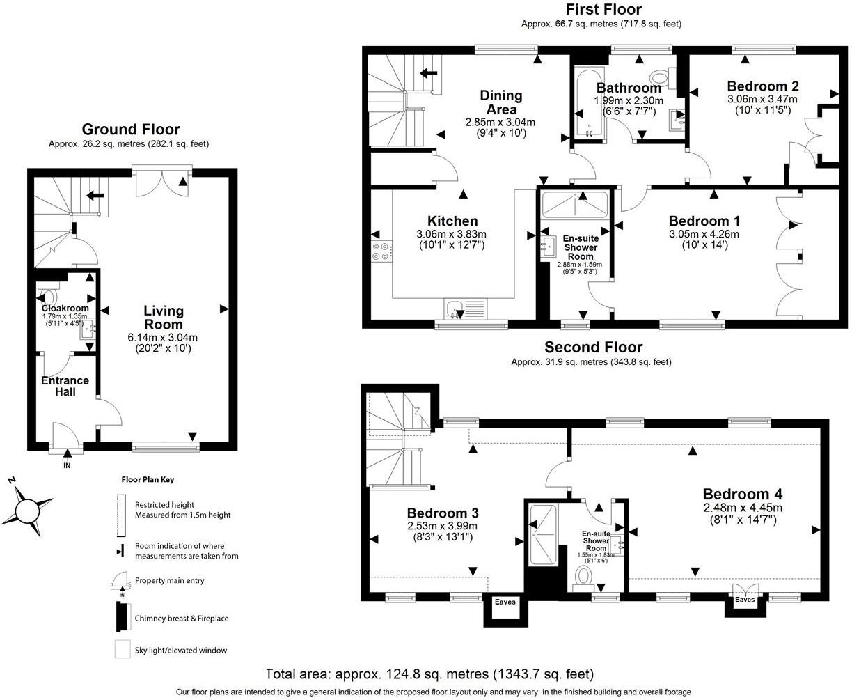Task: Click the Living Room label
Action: pos(164,318)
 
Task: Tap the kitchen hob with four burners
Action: pos(381,251)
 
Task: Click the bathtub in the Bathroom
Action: pos(589,104)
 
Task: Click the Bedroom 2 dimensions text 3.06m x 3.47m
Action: pos(763,99)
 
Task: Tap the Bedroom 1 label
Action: pos(704,221)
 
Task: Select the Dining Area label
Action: pos(501,102)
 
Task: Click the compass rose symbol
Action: pos(27,511)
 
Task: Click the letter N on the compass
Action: pos(12,481)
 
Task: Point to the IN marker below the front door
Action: pos(67,465)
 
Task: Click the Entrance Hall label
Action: pos(65,386)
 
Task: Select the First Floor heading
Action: pos(603,9)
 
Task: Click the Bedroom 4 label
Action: pos(743,495)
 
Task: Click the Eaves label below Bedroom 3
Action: pos(505,602)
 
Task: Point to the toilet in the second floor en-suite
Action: pos(583,576)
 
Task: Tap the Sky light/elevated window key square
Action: pos(123,649)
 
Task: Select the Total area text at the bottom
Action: pos(430,674)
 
